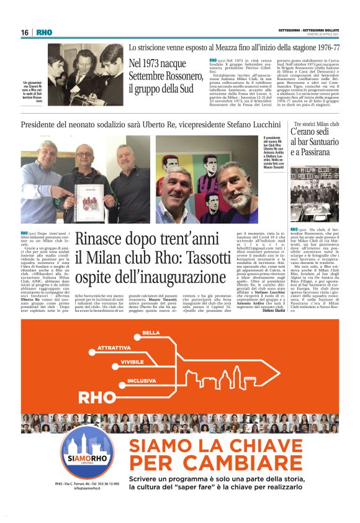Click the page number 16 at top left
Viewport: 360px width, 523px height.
click(x=24, y=32)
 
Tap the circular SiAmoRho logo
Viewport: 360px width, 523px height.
click(x=88, y=452)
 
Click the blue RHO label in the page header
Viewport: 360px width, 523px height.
click(x=45, y=32)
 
